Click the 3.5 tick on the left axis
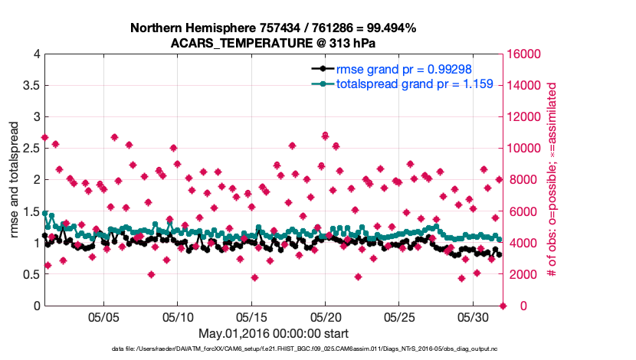(x=31, y=86)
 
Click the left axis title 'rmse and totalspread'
(x=15, y=180)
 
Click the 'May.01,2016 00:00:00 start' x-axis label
(x=274, y=333)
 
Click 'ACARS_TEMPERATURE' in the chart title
(x=228, y=43)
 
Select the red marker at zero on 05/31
(x=503, y=306)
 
